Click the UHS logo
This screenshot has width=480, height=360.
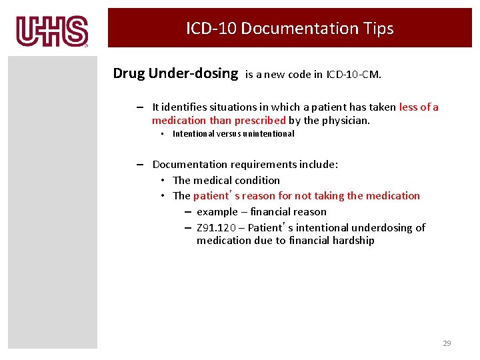tap(52, 31)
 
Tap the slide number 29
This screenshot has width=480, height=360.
tap(447, 343)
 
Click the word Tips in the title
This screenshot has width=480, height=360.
tap(378, 29)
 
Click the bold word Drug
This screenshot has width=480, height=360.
tap(129, 73)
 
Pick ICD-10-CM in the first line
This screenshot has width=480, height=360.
tap(354, 75)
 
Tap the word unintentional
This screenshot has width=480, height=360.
tap(267, 134)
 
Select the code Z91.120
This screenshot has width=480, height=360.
tap(215, 228)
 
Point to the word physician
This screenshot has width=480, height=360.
tap(346, 121)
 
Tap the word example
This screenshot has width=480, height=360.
tap(217, 212)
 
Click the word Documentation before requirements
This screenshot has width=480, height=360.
tap(190, 165)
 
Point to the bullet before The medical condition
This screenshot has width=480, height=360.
tap(163, 181)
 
